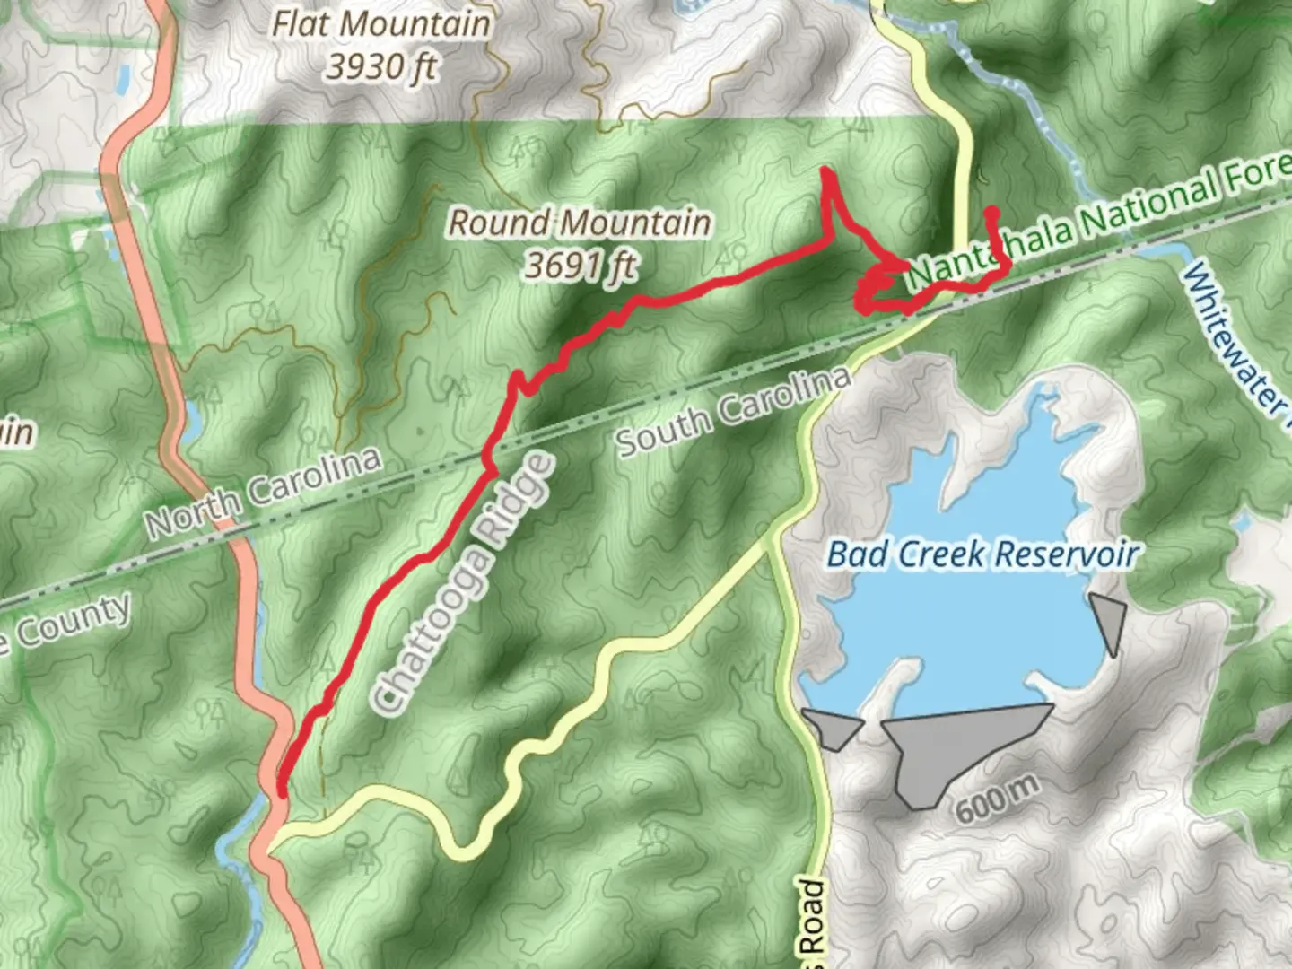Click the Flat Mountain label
[x=381, y=23]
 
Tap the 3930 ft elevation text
[x=381, y=66]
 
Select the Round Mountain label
[x=580, y=222]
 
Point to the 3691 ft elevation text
[x=581, y=265]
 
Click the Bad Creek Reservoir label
[x=982, y=554]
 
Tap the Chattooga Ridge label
[x=463, y=583]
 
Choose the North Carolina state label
[x=264, y=492]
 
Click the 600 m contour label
[x=997, y=798]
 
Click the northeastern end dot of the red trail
[x=992, y=213]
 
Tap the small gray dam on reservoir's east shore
[x=1110, y=619]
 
